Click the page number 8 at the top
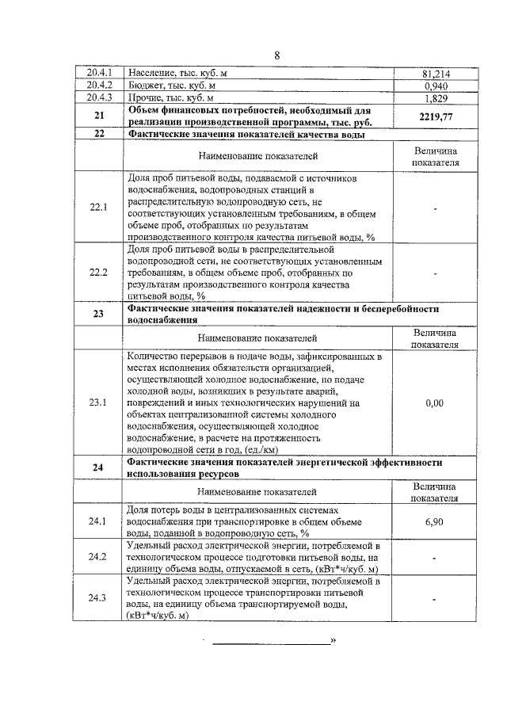[x=276, y=55]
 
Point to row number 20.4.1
[x=100, y=74]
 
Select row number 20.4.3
[x=100, y=97]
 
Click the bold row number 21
[x=99, y=116]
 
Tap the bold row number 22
[x=99, y=134]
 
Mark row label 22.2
[x=99, y=272]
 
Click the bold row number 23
[x=99, y=314]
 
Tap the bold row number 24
[x=99, y=467]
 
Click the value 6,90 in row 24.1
[x=433, y=522]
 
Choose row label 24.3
[x=99, y=598]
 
